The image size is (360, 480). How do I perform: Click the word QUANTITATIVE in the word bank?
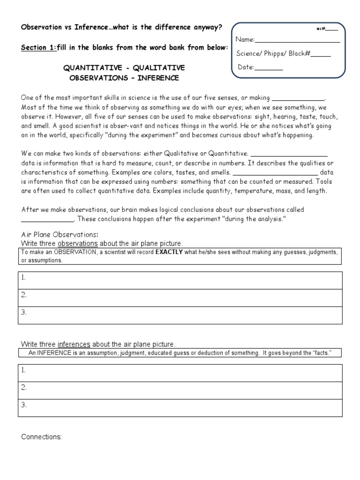90,68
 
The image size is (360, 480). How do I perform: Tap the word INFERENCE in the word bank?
158,78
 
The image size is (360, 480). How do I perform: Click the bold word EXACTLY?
169,252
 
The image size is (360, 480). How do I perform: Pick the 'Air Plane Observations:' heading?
60,234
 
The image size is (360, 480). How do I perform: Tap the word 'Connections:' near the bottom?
41,437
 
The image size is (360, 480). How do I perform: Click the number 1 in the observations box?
23,278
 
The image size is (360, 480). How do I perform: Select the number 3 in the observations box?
23,312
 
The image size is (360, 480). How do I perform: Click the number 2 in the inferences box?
23,387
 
